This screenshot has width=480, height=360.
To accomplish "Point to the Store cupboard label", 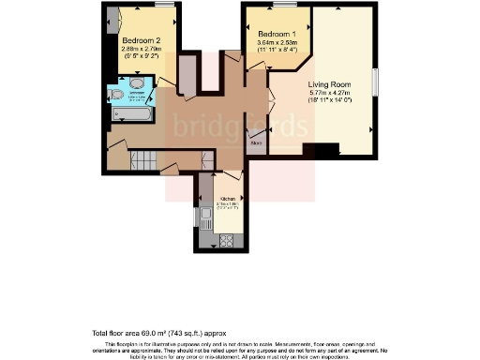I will point(255,143).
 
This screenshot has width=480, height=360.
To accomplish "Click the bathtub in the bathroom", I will point(132,114).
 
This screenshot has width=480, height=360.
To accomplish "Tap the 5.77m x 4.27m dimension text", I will point(330,93).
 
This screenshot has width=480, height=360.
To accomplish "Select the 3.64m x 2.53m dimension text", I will point(277,43).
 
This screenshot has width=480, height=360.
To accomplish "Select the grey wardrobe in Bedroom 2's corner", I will point(112,18).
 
